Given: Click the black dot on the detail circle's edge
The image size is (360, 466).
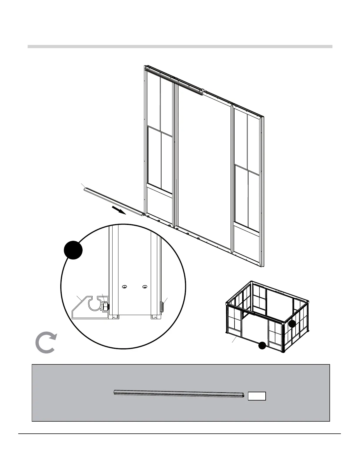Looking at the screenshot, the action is (x=73, y=250).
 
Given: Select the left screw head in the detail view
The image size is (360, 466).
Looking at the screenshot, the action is (x=125, y=287).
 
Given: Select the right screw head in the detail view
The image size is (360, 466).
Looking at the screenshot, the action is (x=144, y=287).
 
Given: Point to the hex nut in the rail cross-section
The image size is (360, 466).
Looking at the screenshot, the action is (x=104, y=307).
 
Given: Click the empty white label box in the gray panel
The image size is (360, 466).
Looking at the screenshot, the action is (x=257, y=396).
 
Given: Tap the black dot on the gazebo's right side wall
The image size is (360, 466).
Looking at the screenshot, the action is (x=292, y=324).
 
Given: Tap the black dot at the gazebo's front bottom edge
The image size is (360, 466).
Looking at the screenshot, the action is (x=262, y=346).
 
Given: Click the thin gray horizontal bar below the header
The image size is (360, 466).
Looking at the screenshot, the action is (x=180, y=46).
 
